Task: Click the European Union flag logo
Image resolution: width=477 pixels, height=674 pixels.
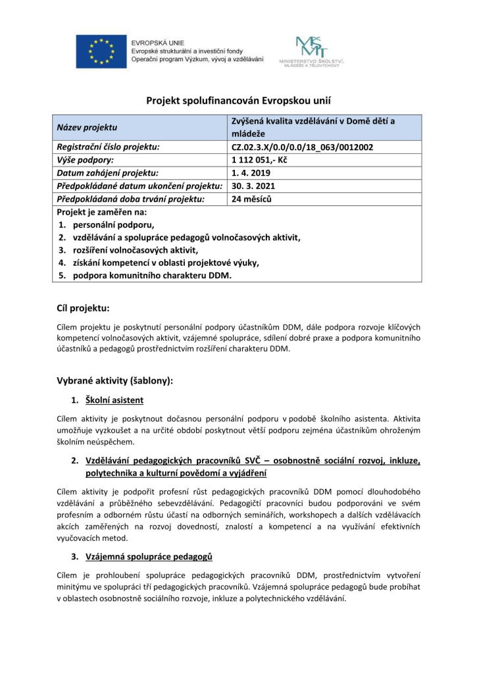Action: pos(100,51)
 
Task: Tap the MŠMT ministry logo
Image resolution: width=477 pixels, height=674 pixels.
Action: pos(311,51)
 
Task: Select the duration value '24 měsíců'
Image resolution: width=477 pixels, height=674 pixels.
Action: pos(252,198)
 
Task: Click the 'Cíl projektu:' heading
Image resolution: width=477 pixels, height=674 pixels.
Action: pos(84,307)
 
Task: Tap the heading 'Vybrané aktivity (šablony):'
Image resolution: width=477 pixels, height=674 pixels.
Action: pos(116,380)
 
